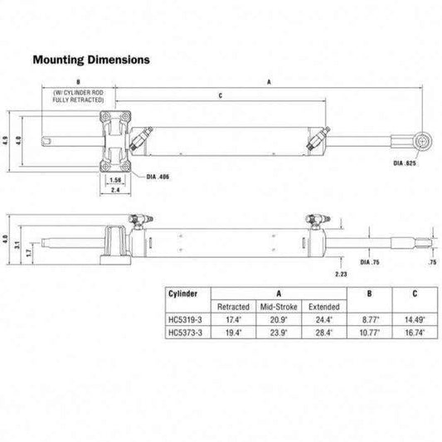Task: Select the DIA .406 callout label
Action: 157,177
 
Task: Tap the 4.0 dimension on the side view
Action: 7,241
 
